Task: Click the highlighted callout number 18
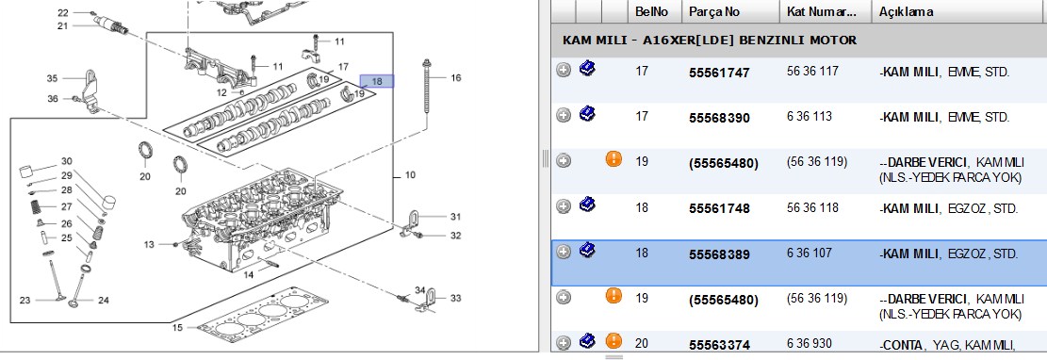[377, 81]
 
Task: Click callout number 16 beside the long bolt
[455, 77]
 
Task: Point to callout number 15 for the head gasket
[177, 327]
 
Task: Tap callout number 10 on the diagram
[410, 175]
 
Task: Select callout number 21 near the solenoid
[63, 26]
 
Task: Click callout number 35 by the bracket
[52, 78]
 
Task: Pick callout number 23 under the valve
[25, 300]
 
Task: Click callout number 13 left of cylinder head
[148, 244]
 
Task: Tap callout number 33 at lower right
[455, 298]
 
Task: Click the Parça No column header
[713, 11]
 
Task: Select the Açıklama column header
[906, 11]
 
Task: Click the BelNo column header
[647, 11]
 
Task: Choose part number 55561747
[719, 73]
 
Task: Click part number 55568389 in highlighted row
[719, 254]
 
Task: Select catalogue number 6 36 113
[810, 117]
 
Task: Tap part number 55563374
[719, 345]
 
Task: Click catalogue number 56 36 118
[812, 207]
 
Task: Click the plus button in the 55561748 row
[564, 206]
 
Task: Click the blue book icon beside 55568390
[588, 114]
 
